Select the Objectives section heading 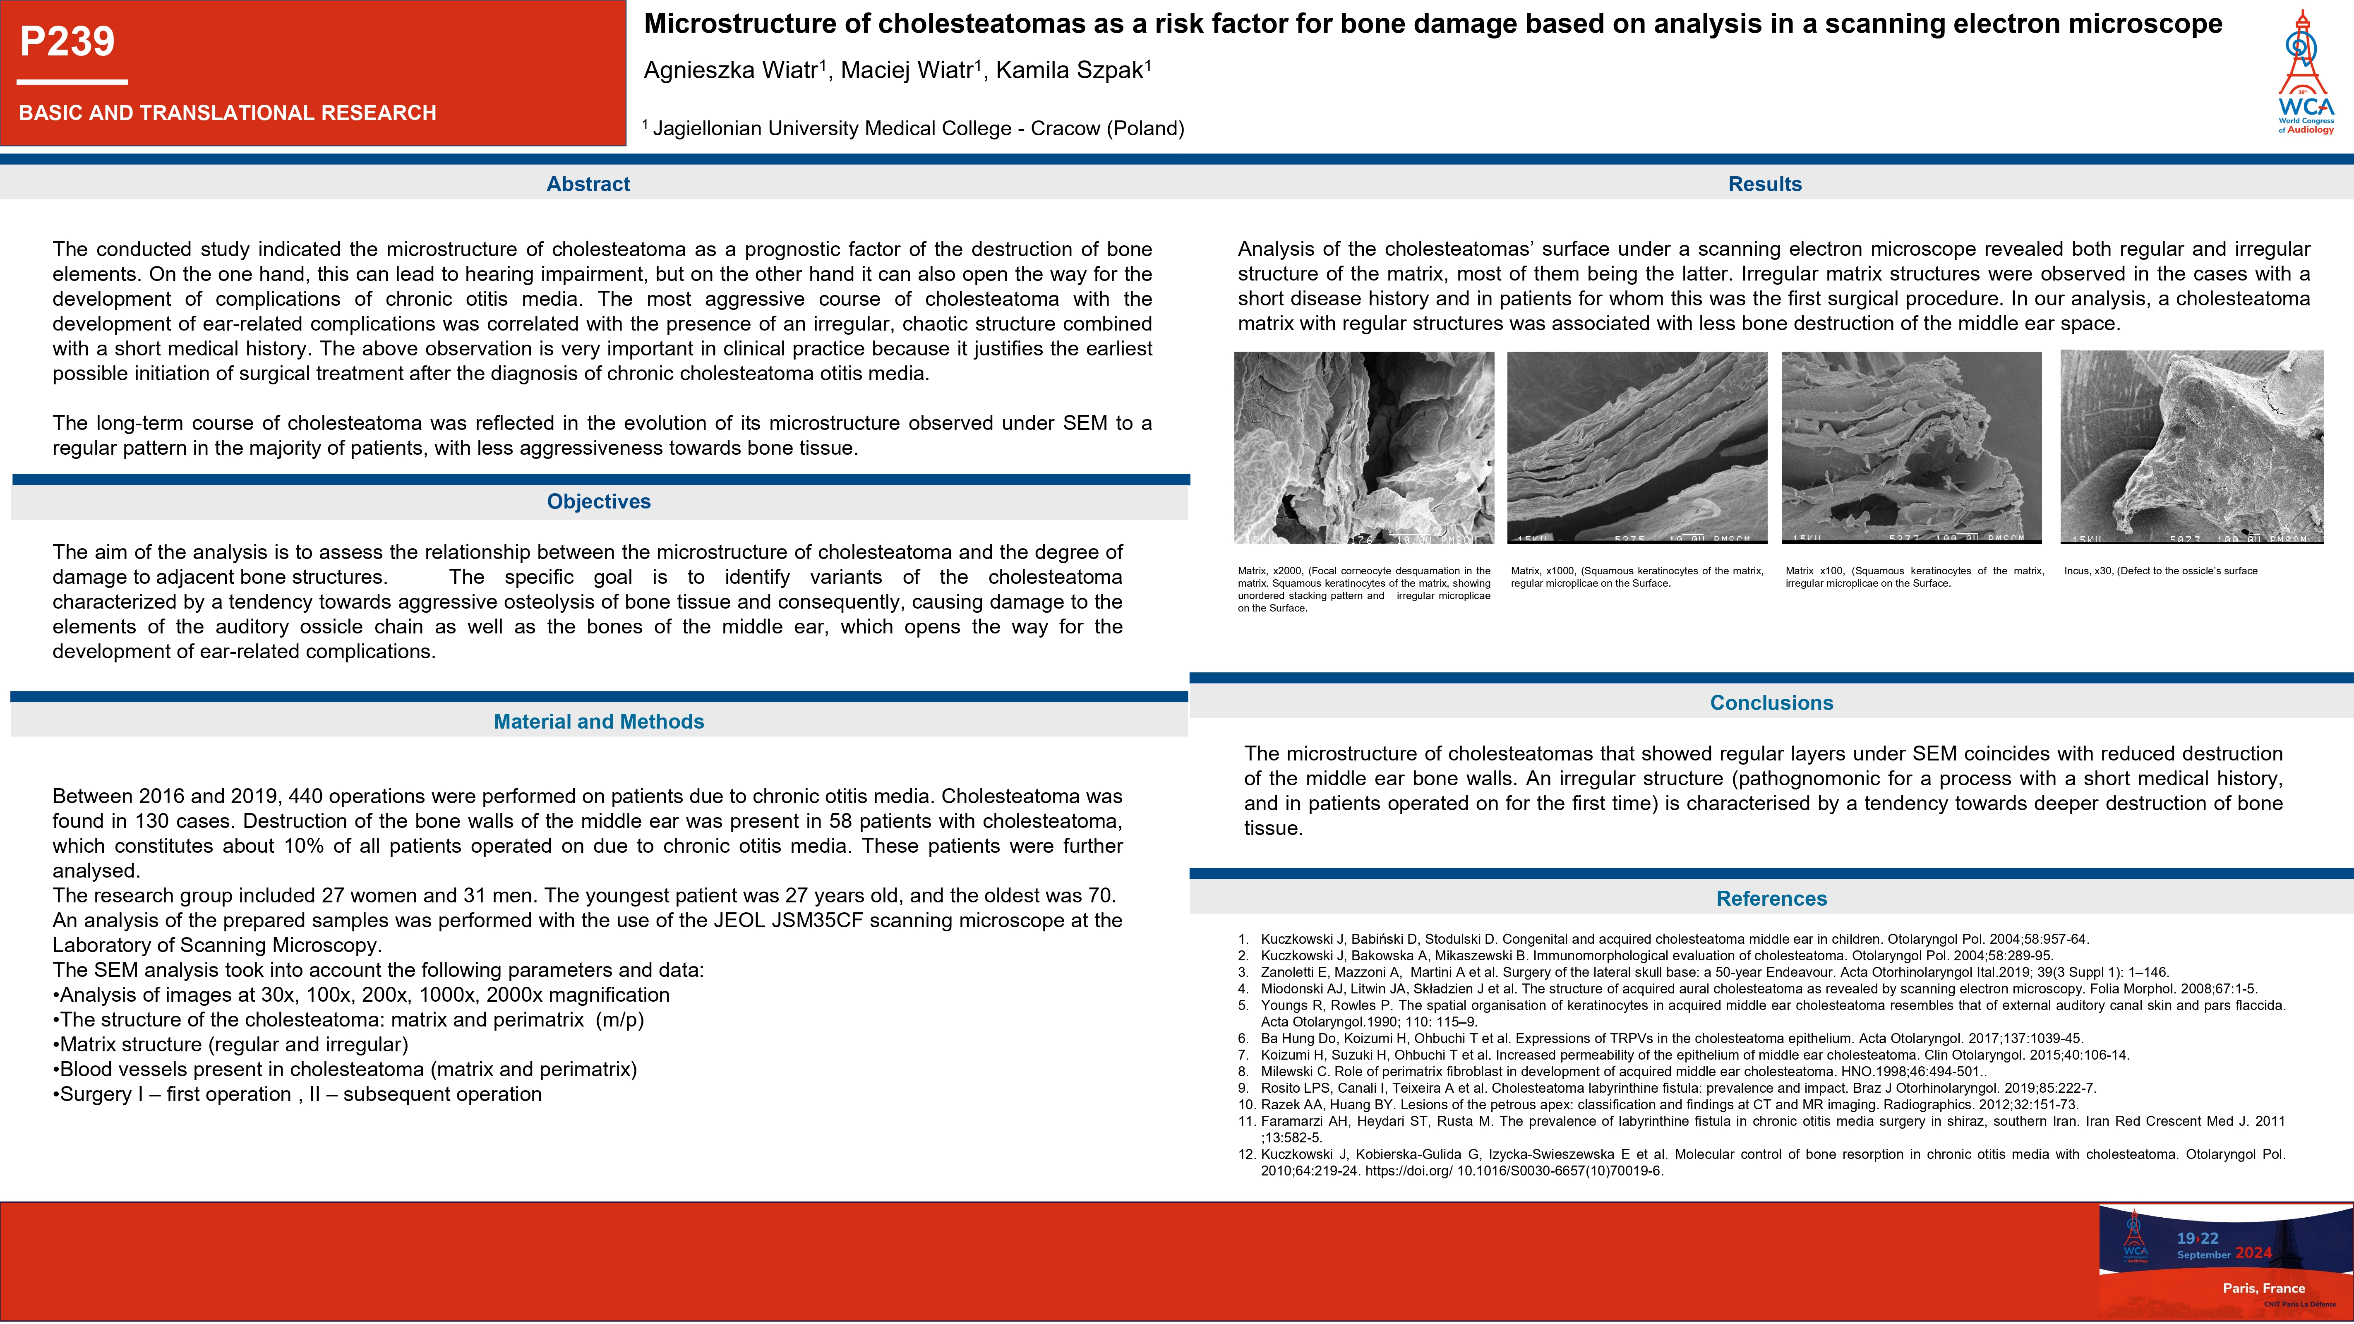599,501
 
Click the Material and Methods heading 599,722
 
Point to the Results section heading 1765,184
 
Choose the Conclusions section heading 1771,703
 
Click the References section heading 1771,898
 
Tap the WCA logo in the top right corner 2305,73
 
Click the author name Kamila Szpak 1072,70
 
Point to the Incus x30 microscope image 2191,448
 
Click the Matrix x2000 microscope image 1363,448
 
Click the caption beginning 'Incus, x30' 2160,571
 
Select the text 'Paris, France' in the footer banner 2263,1288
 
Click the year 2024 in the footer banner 2253,1253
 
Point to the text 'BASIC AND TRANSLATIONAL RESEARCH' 228,113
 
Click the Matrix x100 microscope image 1911,448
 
